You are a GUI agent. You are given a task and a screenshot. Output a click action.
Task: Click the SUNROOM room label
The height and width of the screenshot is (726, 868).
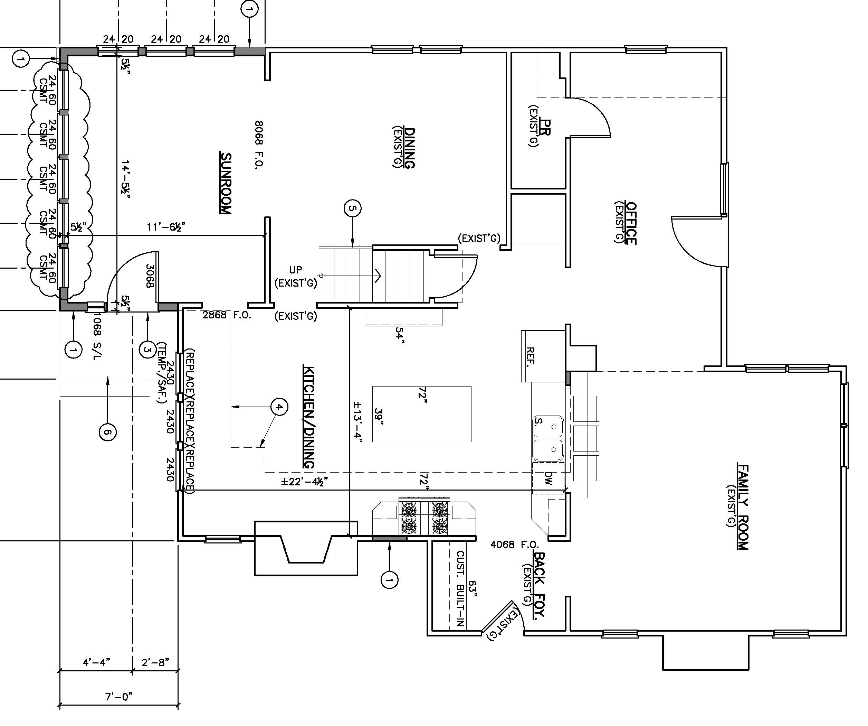(x=226, y=183)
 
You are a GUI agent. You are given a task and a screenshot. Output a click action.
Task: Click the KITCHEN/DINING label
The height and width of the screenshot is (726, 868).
(x=309, y=417)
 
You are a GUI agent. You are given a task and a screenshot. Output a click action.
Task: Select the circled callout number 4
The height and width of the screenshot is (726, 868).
(x=279, y=407)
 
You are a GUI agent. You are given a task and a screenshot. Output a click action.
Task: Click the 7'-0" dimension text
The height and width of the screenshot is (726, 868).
(x=118, y=697)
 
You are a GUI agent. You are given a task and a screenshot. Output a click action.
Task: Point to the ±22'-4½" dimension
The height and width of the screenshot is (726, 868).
(x=305, y=482)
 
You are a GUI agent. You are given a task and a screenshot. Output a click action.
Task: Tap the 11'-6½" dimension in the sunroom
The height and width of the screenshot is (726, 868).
(x=166, y=227)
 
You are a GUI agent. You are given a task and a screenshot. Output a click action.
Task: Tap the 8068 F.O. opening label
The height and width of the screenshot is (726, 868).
(x=259, y=144)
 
